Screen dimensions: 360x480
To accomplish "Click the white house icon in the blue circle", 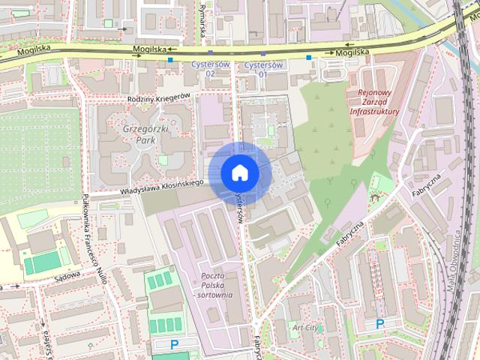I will click(x=239, y=172).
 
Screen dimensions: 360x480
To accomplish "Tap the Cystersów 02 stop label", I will click(x=210, y=69).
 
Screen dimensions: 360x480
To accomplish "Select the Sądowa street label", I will click(x=67, y=277).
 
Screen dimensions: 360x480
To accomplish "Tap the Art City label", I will click(x=306, y=327).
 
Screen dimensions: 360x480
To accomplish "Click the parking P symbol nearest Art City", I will click(x=379, y=324).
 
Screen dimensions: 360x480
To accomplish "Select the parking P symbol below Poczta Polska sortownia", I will click(x=175, y=344).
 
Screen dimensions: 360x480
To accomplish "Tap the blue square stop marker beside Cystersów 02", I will click(x=170, y=59).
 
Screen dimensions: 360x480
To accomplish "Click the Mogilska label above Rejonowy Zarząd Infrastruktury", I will click(x=352, y=52).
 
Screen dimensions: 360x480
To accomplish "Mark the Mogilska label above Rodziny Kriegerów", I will click(x=148, y=49).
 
